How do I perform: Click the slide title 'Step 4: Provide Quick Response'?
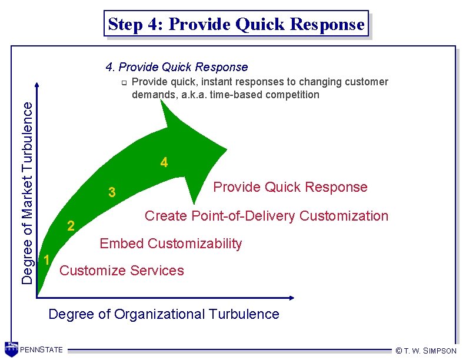(x=236, y=24)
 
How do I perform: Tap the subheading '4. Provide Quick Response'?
(x=176, y=67)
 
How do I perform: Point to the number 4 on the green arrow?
(x=164, y=162)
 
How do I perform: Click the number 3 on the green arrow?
(x=112, y=192)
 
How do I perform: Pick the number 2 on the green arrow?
(x=71, y=225)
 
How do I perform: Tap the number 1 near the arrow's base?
(x=47, y=259)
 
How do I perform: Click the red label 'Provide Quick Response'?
(x=290, y=187)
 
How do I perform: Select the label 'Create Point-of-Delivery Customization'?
(x=267, y=216)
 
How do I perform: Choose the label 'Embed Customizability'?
(x=171, y=244)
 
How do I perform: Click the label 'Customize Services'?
(x=122, y=271)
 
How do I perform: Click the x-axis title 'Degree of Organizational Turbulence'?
(x=164, y=314)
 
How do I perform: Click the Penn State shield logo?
(x=11, y=348)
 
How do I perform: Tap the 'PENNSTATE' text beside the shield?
(x=41, y=350)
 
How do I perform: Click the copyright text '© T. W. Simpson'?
(x=426, y=351)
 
